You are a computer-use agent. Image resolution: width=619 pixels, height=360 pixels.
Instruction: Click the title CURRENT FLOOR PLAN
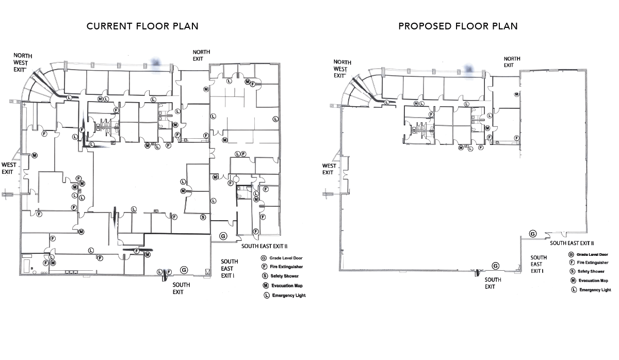tap(142, 26)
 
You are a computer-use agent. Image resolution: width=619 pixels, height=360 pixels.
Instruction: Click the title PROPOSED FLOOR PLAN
tap(458, 26)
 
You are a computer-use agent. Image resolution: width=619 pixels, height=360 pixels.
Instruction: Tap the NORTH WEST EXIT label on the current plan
tap(23, 63)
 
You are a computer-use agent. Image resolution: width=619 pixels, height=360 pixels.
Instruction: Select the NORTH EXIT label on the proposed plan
tap(512, 62)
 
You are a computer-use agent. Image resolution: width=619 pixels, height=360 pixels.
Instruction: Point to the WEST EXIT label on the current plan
tap(9, 168)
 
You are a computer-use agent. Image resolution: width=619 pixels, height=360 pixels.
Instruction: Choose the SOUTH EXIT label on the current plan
tap(181, 288)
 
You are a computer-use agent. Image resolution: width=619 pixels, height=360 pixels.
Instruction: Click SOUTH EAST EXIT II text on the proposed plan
tap(572, 243)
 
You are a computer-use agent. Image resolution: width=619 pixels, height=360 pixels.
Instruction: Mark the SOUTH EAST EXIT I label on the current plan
tap(229, 269)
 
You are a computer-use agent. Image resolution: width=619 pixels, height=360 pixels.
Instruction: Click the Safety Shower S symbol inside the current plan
tap(203, 217)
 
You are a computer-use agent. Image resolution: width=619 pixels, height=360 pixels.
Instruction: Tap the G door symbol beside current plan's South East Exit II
tap(223, 236)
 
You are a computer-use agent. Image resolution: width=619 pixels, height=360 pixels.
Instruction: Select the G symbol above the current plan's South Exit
tap(184, 270)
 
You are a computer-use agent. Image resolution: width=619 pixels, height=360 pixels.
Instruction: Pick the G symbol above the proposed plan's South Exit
tap(496, 266)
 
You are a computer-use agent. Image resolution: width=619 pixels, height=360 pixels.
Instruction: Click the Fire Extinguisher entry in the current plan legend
tap(282, 267)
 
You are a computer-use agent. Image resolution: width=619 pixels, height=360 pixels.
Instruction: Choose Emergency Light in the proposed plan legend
tap(591, 290)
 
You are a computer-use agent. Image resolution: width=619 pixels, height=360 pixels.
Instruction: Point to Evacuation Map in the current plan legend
tap(283, 286)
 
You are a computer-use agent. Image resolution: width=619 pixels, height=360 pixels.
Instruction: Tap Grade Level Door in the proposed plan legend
tap(588, 254)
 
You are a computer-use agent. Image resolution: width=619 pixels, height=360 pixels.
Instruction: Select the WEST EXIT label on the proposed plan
tap(329, 169)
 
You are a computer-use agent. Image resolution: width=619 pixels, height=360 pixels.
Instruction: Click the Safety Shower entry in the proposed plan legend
tap(587, 271)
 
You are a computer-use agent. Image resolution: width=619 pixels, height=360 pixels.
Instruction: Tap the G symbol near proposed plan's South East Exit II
tap(533, 234)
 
